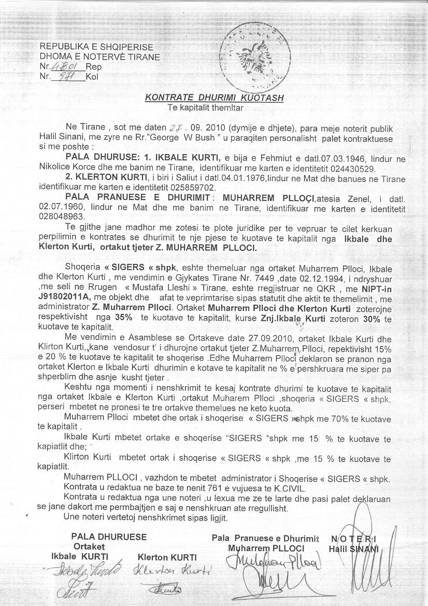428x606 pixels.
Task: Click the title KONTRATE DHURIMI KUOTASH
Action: (214, 97)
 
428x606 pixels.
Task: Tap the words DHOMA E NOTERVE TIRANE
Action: (100, 57)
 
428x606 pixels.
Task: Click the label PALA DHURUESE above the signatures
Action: (109, 537)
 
